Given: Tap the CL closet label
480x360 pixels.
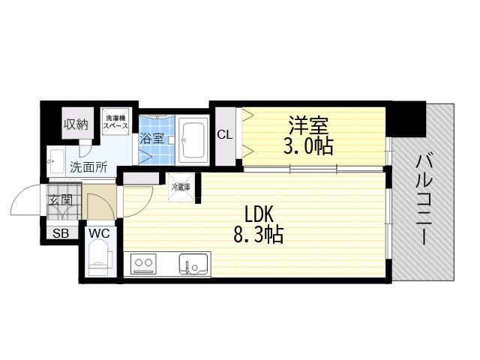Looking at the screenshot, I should [x=224, y=135].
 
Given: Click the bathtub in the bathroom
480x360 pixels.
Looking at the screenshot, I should [x=193, y=139].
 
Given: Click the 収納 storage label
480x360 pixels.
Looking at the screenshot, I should [x=76, y=124].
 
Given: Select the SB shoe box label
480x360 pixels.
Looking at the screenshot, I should [x=61, y=233].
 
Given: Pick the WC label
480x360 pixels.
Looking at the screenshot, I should [x=99, y=233].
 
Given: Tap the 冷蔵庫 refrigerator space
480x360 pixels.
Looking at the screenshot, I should [x=181, y=187].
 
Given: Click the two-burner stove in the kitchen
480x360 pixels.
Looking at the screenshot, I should [x=143, y=264].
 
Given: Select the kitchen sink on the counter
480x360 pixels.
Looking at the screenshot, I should [x=193, y=264].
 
